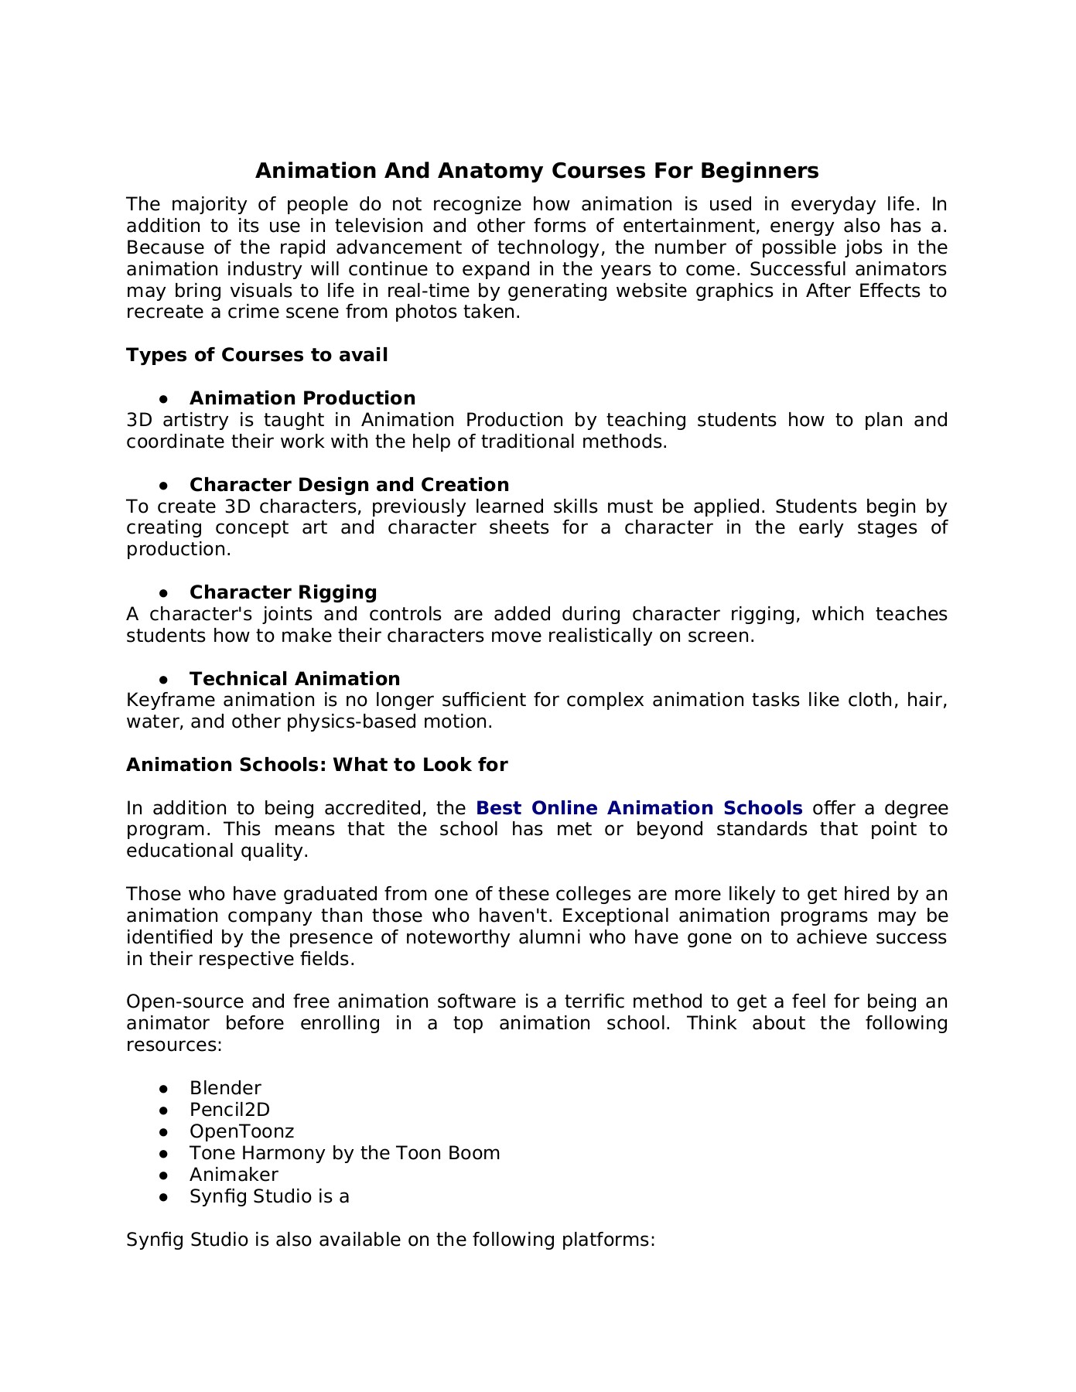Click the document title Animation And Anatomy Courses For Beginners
tap(537, 171)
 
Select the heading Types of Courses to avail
tap(257, 355)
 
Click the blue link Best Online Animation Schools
tap(639, 808)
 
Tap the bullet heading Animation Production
tap(302, 398)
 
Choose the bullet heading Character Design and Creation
tap(349, 485)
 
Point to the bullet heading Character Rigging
tap(283, 592)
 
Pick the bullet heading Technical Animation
tap(295, 679)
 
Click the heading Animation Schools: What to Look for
tap(316, 765)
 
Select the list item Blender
tap(225, 1088)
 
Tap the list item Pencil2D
tap(230, 1110)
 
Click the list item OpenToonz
tap(242, 1131)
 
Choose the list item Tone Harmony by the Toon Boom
tap(344, 1153)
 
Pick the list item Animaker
tap(234, 1175)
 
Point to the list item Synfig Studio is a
tap(269, 1196)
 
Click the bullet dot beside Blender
tap(163, 1089)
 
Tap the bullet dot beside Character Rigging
tap(163, 593)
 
